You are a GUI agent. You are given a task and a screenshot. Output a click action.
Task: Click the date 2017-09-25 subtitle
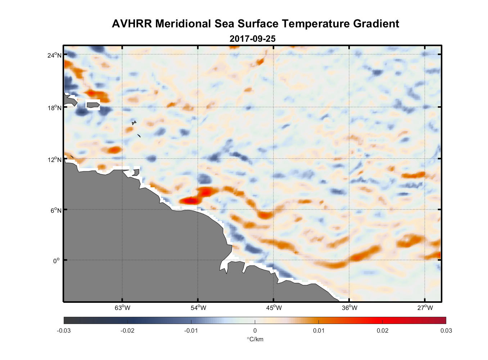click(x=253, y=39)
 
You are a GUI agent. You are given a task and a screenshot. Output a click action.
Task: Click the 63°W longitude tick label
click(x=123, y=308)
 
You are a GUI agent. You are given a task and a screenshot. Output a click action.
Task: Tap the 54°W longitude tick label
click(x=198, y=308)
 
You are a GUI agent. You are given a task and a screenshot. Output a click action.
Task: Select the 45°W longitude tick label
click(x=274, y=308)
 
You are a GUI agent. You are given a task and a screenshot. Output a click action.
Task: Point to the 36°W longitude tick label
click(x=349, y=308)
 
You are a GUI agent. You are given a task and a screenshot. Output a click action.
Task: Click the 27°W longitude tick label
click(x=425, y=308)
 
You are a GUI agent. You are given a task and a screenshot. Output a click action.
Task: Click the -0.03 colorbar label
click(x=64, y=330)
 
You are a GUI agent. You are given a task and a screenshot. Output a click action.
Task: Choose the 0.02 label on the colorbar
click(x=382, y=330)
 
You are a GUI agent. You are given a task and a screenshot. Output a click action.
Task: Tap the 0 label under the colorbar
click(x=255, y=330)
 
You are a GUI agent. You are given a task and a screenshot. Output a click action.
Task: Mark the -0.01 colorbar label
click(x=191, y=330)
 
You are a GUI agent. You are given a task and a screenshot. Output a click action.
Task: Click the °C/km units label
click(x=255, y=339)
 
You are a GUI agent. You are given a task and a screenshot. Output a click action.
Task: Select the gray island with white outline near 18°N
click(x=93, y=105)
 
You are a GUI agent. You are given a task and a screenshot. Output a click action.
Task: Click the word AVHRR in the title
click(x=132, y=24)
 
